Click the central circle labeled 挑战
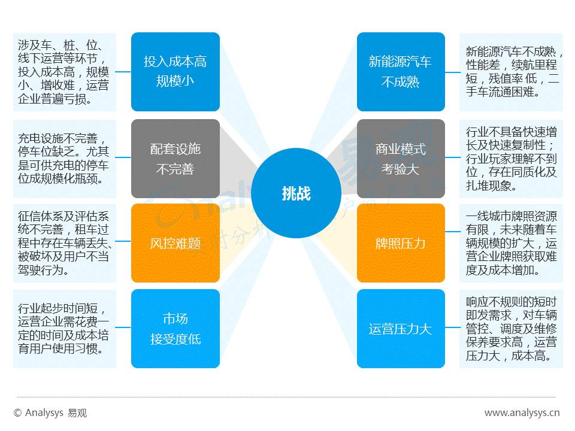pyautogui.click(x=296, y=193)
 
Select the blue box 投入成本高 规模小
pyautogui.click(x=175, y=72)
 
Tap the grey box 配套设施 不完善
pyautogui.click(x=175, y=159)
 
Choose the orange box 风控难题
pyautogui.click(x=175, y=243)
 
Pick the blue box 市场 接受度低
pyautogui.click(x=175, y=329)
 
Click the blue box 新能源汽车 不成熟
pyautogui.click(x=400, y=72)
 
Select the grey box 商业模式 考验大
pyautogui.click(x=400, y=159)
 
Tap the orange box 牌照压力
pyautogui.click(x=400, y=243)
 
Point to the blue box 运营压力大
pyautogui.click(x=400, y=329)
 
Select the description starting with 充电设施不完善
pyautogui.click(x=64, y=159)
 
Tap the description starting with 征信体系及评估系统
pyautogui.click(x=64, y=243)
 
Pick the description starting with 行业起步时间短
pyautogui.click(x=64, y=329)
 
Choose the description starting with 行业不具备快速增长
pyautogui.click(x=511, y=159)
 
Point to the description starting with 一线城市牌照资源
pyautogui.click(x=511, y=243)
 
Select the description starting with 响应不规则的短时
pyautogui.click(x=511, y=329)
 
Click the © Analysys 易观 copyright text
pyautogui.click(x=50, y=413)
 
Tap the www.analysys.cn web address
pyautogui.click(x=522, y=413)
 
